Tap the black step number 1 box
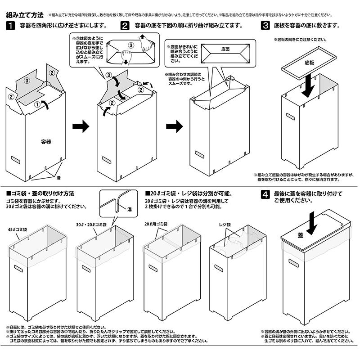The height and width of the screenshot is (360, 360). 10,26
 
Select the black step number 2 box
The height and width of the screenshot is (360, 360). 125,26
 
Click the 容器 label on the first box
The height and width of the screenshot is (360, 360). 45,141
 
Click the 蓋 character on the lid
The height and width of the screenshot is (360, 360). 301,235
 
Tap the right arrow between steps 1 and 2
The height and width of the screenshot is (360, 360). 81,127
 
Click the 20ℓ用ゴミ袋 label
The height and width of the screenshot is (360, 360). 156,224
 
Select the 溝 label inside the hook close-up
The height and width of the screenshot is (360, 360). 129,209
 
